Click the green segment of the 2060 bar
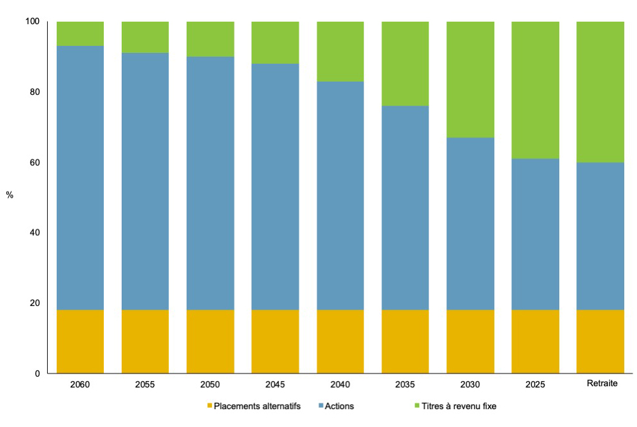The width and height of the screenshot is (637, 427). (x=80, y=33)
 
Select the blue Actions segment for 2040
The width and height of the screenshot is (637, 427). (x=340, y=195)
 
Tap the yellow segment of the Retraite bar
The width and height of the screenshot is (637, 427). (x=600, y=341)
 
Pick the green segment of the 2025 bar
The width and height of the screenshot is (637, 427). (x=535, y=89)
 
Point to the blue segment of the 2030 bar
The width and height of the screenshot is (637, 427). (x=470, y=223)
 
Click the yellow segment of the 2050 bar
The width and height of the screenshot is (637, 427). (x=210, y=341)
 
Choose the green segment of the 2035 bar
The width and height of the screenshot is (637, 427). (x=405, y=63)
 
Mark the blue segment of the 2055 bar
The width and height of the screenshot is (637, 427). (x=145, y=181)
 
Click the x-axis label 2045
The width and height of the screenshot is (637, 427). (x=275, y=384)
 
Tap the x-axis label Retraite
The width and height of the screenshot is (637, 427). (x=600, y=384)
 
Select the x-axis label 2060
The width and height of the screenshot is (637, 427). (x=80, y=384)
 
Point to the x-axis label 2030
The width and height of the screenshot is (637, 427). (x=470, y=384)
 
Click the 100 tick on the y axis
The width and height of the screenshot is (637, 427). (x=32, y=22)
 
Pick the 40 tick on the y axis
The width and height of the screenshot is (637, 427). (x=35, y=233)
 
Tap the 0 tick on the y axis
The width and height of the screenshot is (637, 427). (x=38, y=373)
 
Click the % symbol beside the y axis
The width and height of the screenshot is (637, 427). (x=10, y=195)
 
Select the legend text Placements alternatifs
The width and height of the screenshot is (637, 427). (x=257, y=406)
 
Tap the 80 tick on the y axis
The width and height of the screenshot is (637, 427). (x=35, y=92)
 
